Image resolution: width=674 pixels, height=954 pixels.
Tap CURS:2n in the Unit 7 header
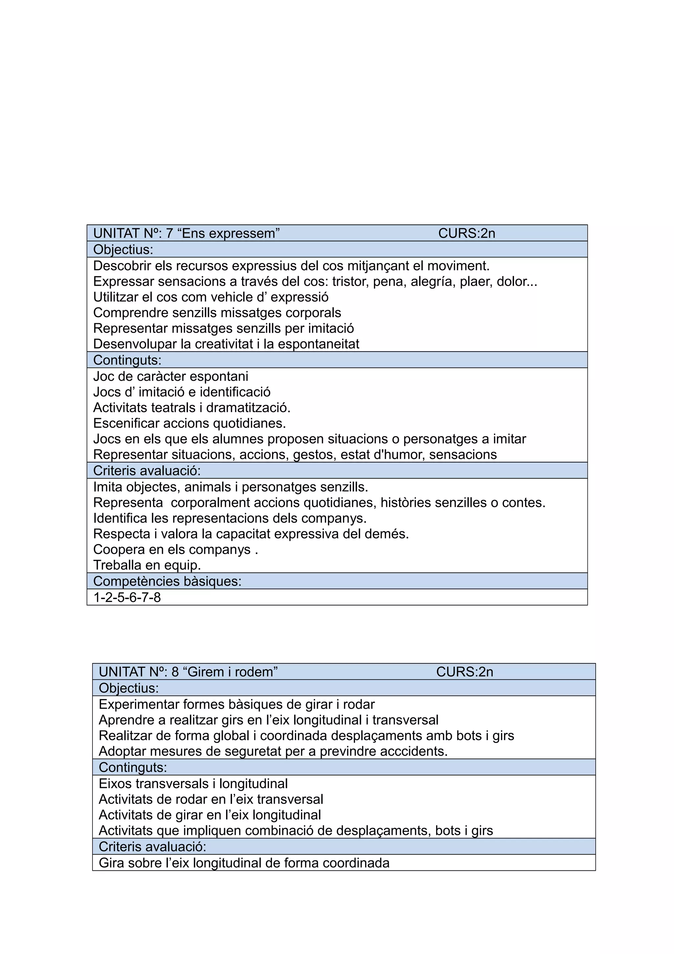click(x=466, y=233)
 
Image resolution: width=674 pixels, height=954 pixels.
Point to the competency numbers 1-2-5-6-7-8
click(x=127, y=597)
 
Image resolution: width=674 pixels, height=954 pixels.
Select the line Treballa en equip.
click(x=147, y=565)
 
